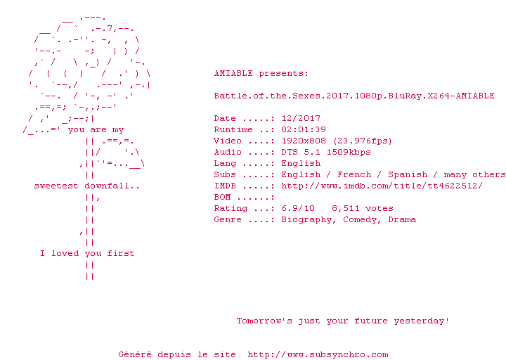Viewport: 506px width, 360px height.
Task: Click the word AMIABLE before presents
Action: point(233,73)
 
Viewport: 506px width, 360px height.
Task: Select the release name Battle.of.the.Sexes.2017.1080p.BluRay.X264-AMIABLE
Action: point(354,96)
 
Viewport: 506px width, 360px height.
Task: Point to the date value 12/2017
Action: point(301,119)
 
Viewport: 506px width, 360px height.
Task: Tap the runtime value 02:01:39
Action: point(304,129)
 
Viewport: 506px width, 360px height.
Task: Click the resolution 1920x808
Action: point(304,141)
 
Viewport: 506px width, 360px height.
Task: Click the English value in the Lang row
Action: point(301,163)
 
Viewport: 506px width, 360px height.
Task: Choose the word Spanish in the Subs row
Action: point(407,174)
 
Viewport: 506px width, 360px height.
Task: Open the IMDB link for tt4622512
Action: point(382,186)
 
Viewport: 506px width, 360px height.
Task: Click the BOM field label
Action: point(222,197)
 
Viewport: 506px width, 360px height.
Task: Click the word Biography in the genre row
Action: point(306,220)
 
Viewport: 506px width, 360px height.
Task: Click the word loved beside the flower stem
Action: point(65,253)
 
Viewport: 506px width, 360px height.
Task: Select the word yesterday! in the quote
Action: point(421,321)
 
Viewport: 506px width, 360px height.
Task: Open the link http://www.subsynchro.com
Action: point(318,355)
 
